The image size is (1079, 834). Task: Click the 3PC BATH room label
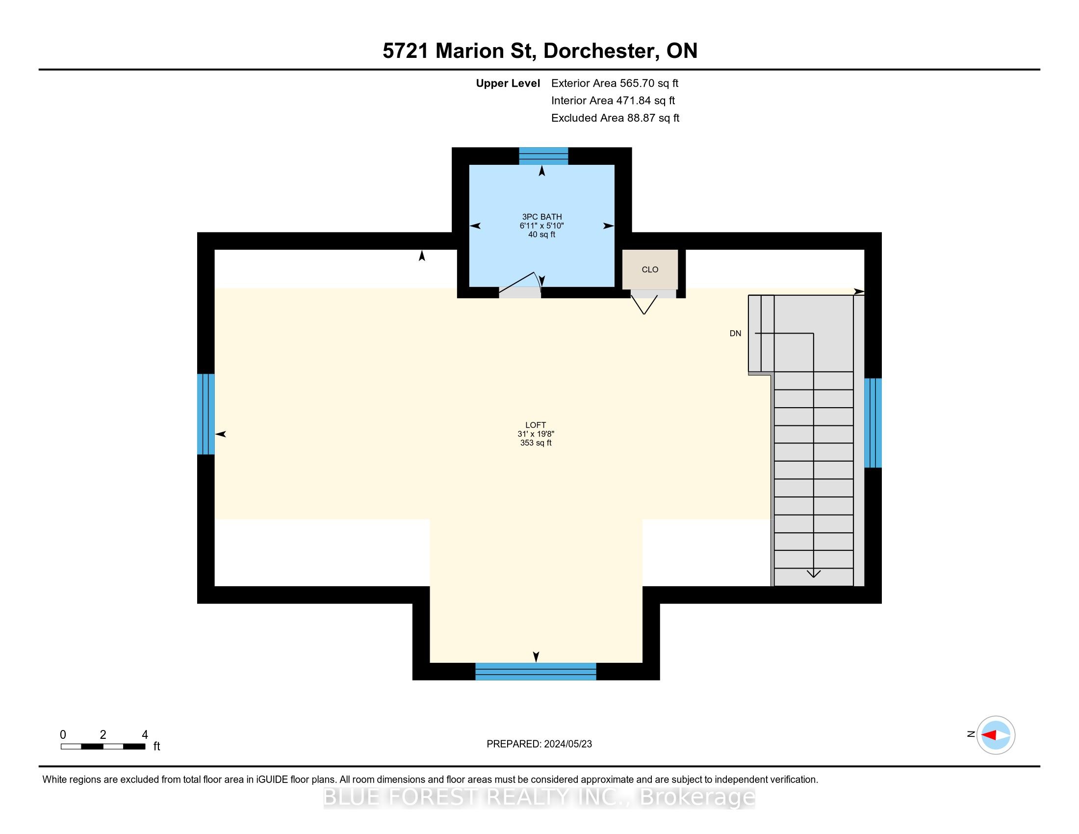[x=541, y=216]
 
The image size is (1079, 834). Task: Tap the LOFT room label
[x=536, y=425]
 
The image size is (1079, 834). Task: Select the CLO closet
[x=650, y=269]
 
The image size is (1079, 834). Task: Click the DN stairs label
[x=735, y=334]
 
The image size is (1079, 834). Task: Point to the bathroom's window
[x=543, y=156]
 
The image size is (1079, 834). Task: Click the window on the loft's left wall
[x=206, y=414]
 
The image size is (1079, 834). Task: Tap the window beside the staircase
[x=873, y=423]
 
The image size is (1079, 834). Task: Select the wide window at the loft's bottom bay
[x=536, y=672]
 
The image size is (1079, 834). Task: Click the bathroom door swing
[x=520, y=285]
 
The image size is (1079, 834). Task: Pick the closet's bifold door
[x=644, y=304]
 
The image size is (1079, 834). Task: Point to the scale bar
[x=103, y=746]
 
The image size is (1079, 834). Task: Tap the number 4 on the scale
[x=145, y=735]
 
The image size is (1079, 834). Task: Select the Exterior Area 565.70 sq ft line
[x=615, y=83]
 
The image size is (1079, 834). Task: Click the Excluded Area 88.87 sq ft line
[x=615, y=118]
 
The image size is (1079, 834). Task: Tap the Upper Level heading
[x=508, y=83]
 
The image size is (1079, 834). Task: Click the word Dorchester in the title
[x=600, y=51]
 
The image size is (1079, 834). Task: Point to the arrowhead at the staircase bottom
[x=813, y=573]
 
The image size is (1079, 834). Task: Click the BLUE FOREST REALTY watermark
[x=539, y=797]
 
